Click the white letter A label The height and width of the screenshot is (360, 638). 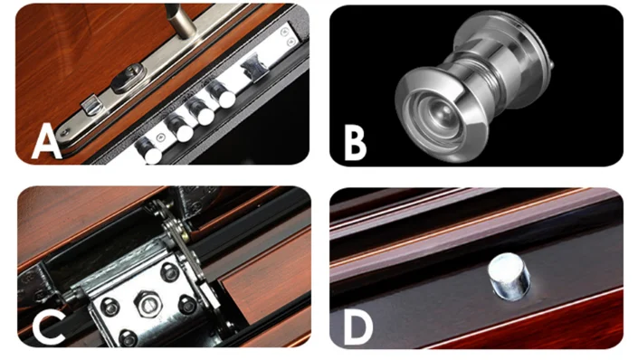(46, 141)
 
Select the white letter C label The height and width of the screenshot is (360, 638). (48, 326)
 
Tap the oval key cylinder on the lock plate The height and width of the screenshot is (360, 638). (129, 78)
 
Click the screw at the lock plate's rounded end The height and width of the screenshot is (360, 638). (64, 132)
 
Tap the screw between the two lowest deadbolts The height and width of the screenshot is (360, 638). (161, 137)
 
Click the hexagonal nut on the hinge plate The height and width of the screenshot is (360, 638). (148, 304)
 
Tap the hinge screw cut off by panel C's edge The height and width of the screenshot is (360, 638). (129, 338)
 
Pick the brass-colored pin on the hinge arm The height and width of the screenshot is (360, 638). (186, 235)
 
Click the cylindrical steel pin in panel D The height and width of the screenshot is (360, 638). (509, 276)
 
